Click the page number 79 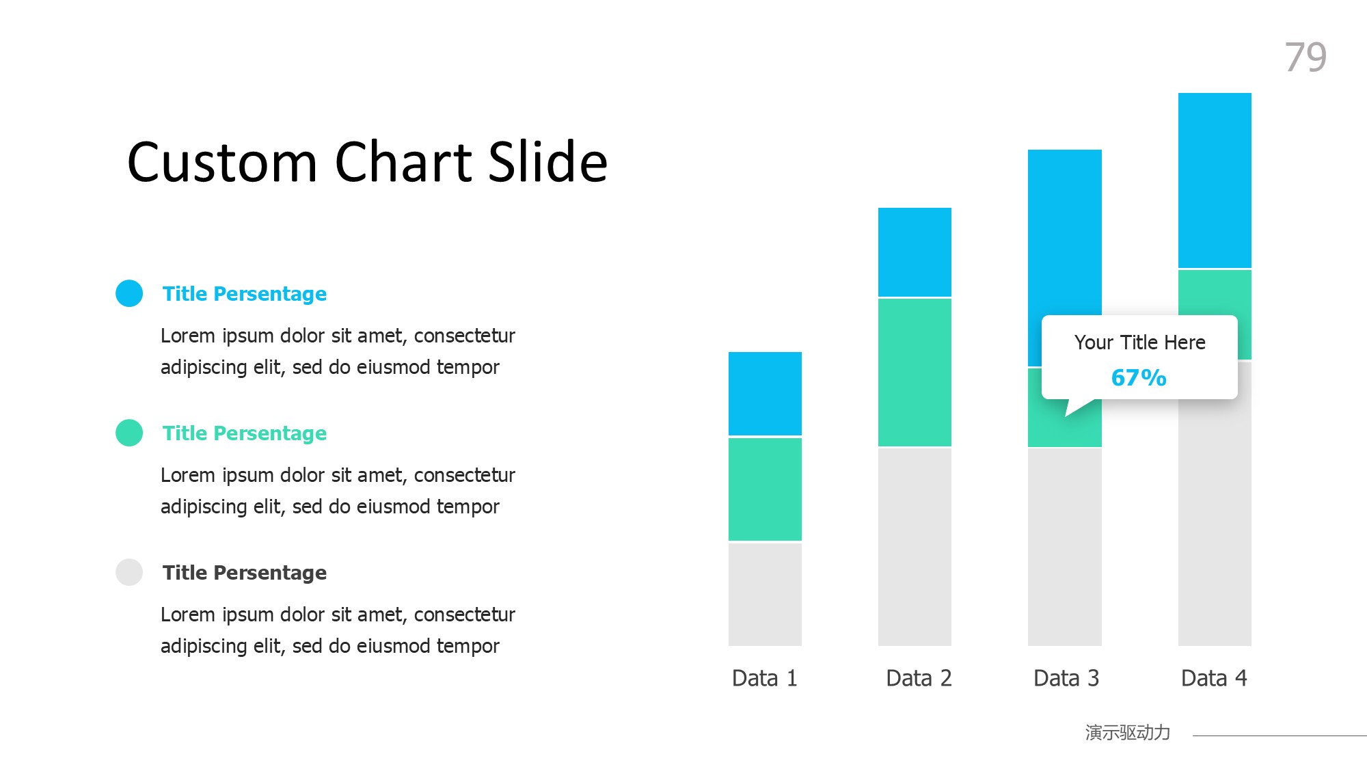click(x=1305, y=57)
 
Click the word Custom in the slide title click(x=223, y=162)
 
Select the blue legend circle click(x=129, y=293)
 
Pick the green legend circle click(x=129, y=433)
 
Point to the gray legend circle click(x=129, y=572)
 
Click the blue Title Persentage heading click(x=245, y=294)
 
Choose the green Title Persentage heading click(x=245, y=433)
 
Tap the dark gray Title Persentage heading click(x=245, y=573)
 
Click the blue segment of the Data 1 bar click(x=765, y=394)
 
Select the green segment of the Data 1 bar click(x=765, y=489)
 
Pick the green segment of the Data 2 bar click(x=915, y=373)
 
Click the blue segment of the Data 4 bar click(x=1215, y=180)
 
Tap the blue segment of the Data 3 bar click(x=1065, y=232)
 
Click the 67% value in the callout click(x=1139, y=377)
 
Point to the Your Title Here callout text click(x=1139, y=342)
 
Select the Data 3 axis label click(x=1066, y=678)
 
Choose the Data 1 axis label click(x=765, y=678)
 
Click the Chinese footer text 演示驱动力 click(x=1128, y=733)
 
